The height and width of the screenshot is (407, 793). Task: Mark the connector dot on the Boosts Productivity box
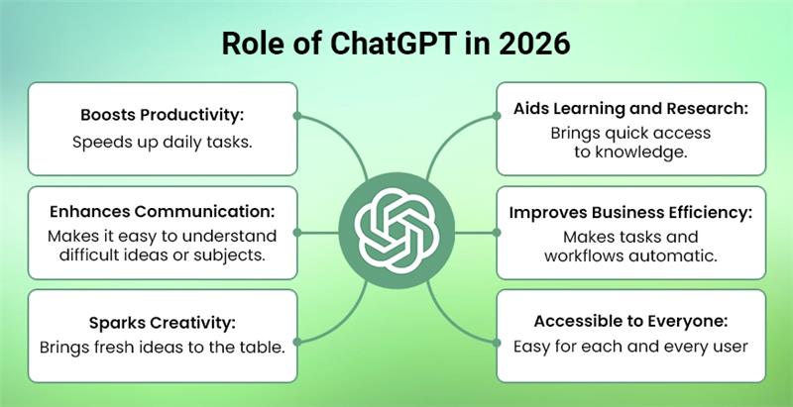point(297,116)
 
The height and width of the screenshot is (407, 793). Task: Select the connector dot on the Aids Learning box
point(496,116)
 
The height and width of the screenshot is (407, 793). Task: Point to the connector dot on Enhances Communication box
point(297,234)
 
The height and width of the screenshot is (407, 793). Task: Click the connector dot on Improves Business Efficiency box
point(496,234)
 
